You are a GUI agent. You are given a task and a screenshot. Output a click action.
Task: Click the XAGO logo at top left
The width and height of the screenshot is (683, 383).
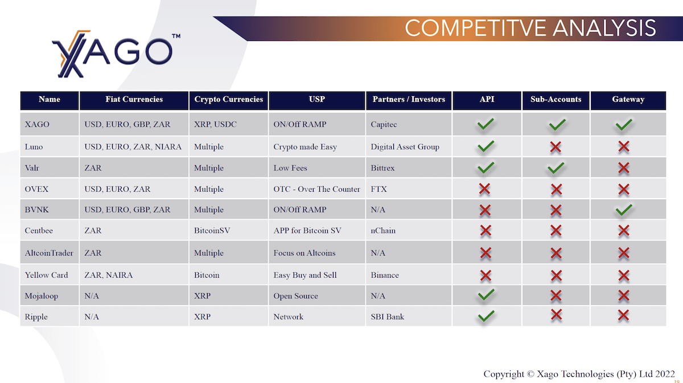tap(116, 54)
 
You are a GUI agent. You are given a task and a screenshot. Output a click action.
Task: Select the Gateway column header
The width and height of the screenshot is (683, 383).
tap(628, 100)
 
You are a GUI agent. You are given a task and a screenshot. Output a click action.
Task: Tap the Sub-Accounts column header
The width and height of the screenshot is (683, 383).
tap(556, 100)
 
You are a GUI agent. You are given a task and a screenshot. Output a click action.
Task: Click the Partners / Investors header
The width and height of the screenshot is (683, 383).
tap(409, 100)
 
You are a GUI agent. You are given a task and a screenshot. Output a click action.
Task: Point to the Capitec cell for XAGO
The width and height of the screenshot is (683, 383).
tap(384, 125)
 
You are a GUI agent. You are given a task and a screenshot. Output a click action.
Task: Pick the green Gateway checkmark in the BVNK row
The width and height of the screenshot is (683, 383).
tap(624, 209)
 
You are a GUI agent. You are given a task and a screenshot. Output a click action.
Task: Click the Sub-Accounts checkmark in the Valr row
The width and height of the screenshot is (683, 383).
tap(556, 168)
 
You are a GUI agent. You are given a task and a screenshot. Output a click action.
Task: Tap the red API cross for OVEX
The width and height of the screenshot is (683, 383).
tap(484, 189)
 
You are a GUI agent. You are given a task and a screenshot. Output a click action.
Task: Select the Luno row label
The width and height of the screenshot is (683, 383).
tap(34, 147)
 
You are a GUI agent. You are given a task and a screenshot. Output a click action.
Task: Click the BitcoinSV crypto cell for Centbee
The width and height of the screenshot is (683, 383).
tap(212, 230)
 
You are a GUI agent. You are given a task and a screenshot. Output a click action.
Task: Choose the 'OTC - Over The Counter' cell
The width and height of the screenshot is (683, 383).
tap(316, 189)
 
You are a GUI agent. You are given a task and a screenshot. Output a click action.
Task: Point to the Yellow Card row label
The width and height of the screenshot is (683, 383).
tap(46, 275)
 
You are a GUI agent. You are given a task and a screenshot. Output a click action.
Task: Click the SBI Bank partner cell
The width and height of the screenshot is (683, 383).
tap(387, 317)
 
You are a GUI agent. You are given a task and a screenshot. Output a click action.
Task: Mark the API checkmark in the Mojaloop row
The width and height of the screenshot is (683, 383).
tap(486, 295)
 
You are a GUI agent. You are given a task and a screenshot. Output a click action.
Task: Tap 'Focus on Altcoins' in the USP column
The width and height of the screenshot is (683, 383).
tap(305, 253)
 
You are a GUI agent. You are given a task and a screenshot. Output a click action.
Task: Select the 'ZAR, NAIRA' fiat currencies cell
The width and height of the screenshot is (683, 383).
tap(108, 275)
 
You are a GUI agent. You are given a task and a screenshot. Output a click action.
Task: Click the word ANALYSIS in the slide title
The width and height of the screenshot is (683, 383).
tap(604, 28)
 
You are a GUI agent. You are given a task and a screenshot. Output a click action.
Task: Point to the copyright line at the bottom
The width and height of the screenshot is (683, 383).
tap(579, 374)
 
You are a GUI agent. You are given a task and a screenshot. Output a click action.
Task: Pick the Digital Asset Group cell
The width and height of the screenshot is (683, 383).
tap(405, 147)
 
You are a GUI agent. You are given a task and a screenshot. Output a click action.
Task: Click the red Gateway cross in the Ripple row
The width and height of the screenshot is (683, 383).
tap(624, 315)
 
